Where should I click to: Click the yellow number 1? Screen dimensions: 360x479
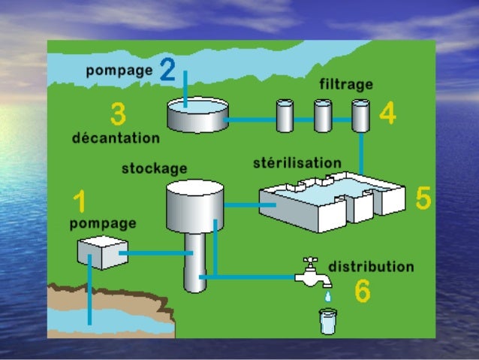pyautogui.click(x=80, y=202)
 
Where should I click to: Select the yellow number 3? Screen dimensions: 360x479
pyautogui.click(x=117, y=115)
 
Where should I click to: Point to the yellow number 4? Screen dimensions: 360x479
pyautogui.click(x=387, y=113)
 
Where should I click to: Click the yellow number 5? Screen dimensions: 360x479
pyautogui.click(x=423, y=198)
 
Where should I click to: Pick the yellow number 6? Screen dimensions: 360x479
pyautogui.click(x=362, y=292)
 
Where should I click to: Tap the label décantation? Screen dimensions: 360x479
pyautogui.click(x=116, y=138)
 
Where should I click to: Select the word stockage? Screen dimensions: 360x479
pyautogui.click(x=154, y=168)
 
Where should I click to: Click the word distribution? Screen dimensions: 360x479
pyautogui.click(x=371, y=267)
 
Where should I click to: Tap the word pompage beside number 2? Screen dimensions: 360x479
pyautogui.click(x=119, y=71)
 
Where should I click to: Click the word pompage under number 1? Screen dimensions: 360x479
pyautogui.click(x=103, y=223)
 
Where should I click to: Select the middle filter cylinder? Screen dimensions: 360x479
pyautogui.click(x=323, y=116)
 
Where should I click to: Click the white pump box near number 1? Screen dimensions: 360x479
pyautogui.click(x=101, y=252)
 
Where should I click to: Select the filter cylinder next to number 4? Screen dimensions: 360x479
pyautogui.click(x=361, y=116)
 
